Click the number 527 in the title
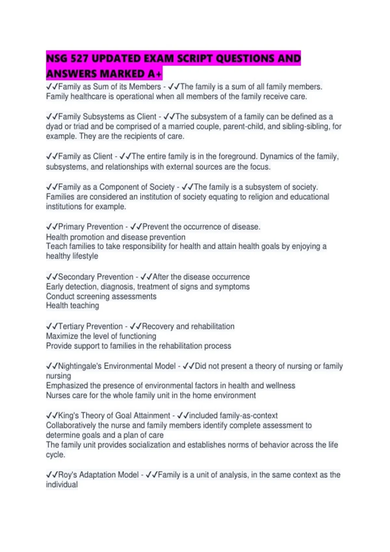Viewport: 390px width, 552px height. pyautogui.click(x=79, y=59)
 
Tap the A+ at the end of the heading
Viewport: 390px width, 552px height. pyautogui.click(x=155, y=74)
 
